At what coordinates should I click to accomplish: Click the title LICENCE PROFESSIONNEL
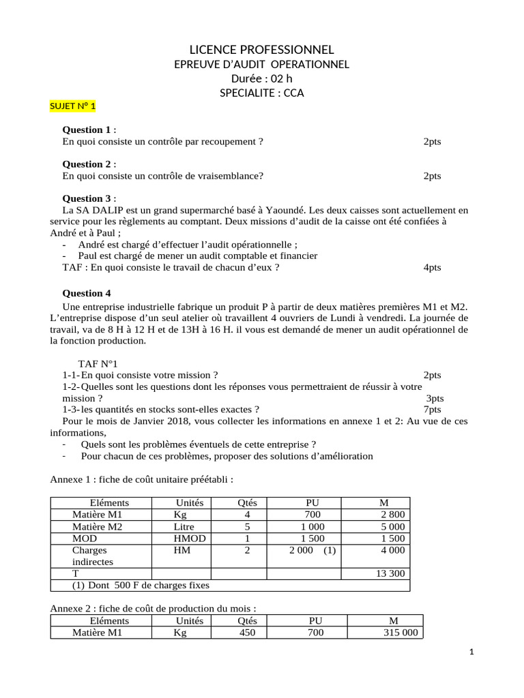[x=261, y=49]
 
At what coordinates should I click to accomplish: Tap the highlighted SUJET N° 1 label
[x=74, y=106]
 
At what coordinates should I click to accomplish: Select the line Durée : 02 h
[x=261, y=78]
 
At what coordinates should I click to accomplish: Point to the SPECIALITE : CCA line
[x=261, y=93]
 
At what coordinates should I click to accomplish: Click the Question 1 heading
[x=87, y=130]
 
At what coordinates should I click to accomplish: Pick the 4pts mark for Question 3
[x=432, y=267]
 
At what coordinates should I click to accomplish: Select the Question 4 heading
[x=87, y=293]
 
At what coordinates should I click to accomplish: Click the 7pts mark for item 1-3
[x=432, y=410]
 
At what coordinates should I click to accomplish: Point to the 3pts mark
[x=435, y=398]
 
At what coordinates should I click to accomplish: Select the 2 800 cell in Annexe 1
[x=392, y=515]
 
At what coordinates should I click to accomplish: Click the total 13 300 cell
[x=390, y=573]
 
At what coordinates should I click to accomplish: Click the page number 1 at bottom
[x=471, y=652]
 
